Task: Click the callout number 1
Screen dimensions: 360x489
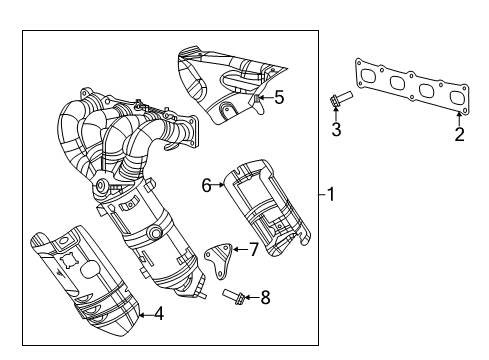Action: click(334, 195)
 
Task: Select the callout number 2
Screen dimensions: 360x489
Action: click(459, 135)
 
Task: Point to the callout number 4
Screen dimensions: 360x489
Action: click(158, 314)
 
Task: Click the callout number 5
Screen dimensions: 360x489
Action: click(279, 97)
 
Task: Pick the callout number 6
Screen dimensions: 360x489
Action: click(207, 184)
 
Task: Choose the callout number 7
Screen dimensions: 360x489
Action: click(253, 249)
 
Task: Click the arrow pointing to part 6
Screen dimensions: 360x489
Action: click(219, 184)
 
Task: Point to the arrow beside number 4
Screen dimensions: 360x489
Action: click(143, 314)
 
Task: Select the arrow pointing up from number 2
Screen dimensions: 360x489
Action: click(459, 116)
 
